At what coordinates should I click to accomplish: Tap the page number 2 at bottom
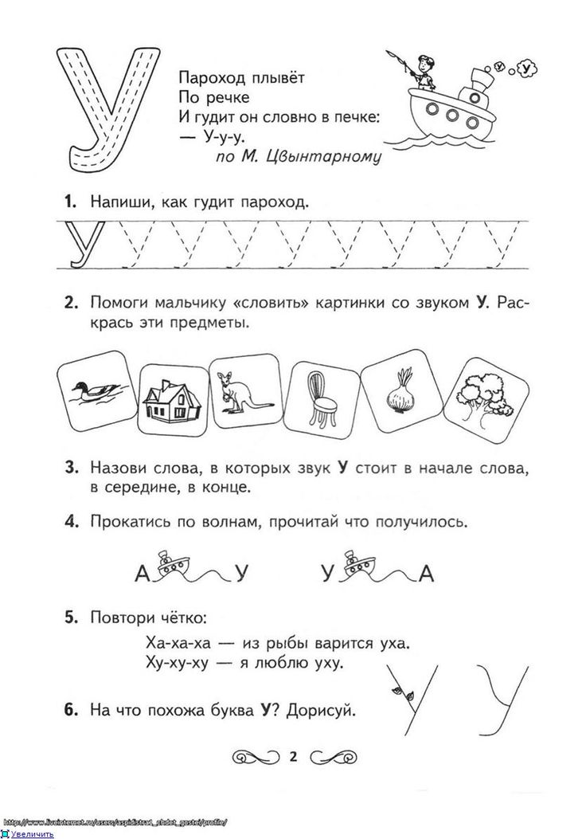pos(291,756)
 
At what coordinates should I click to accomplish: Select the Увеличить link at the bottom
pos(33,833)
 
